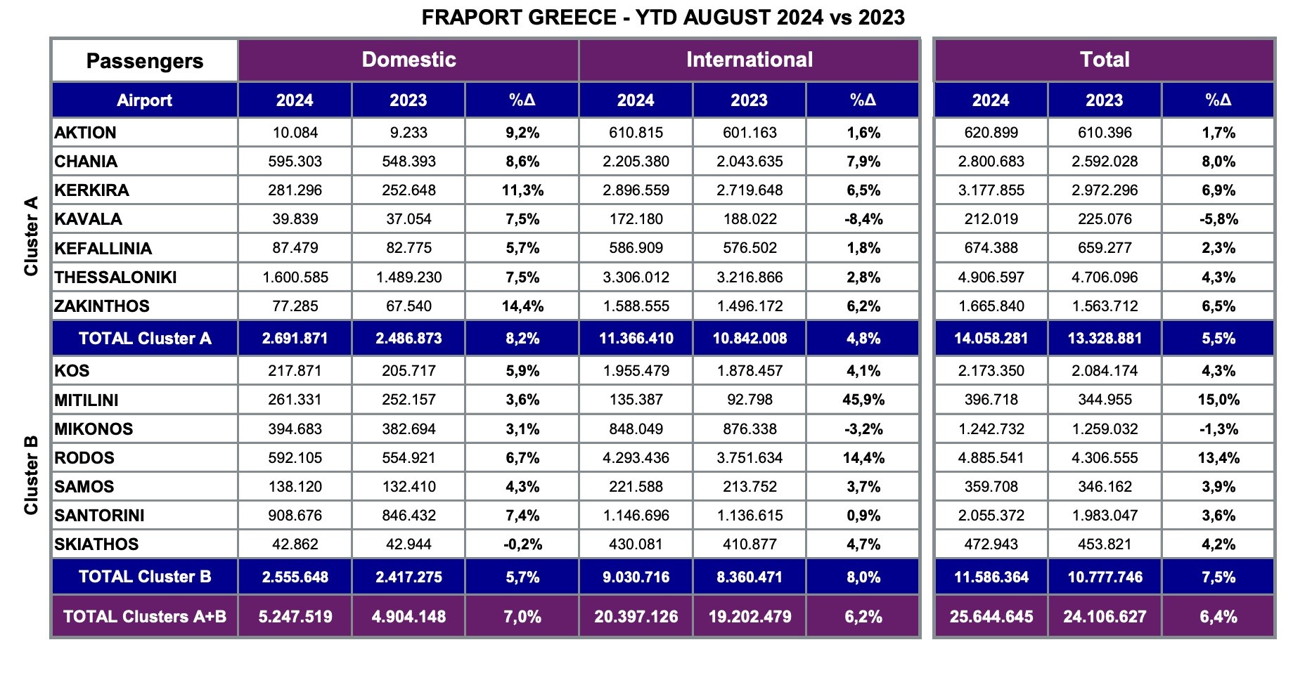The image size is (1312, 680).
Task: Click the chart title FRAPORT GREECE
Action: tap(662, 17)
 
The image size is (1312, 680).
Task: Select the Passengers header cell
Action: tap(144, 61)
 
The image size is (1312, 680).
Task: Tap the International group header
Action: tap(749, 60)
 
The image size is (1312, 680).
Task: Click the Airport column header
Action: tap(144, 100)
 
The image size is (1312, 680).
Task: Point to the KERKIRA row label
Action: tap(91, 190)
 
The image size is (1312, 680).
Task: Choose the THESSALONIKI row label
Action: tap(115, 277)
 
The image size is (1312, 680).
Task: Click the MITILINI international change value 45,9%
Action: tap(863, 400)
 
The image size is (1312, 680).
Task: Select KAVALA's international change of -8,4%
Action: tap(863, 219)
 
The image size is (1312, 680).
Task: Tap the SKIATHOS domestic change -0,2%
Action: tap(522, 544)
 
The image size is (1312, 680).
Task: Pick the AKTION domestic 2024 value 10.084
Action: tap(295, 133)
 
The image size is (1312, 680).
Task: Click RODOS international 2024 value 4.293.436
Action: tap(636, 458)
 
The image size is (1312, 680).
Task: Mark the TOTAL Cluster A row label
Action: tap(145, 339)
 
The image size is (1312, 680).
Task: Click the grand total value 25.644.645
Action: tap(991, 617)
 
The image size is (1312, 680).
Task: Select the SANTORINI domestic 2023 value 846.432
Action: tap(409, 516)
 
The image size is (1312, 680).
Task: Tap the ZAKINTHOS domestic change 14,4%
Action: tap(522, 306)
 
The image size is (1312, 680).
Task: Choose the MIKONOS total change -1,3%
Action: tap(1218, 429)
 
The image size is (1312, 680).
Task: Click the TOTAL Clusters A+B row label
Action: tap(145, 617)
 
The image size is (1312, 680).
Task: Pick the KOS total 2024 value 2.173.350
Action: tap(991, 371)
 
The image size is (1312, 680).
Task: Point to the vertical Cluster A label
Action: tap(31, 236)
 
